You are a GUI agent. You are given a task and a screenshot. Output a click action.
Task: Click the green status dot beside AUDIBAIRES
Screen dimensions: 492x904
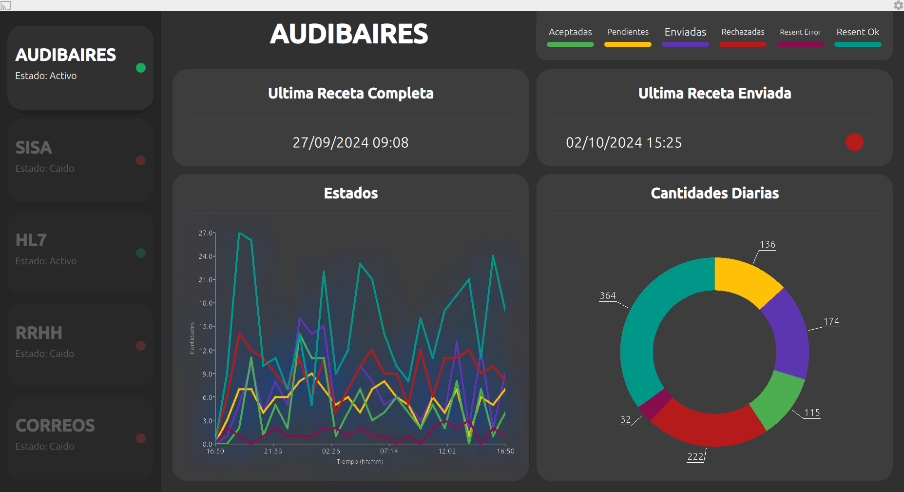(x=141, y=68)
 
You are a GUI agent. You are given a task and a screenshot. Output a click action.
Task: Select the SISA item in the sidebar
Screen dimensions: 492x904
(x=34, y=148)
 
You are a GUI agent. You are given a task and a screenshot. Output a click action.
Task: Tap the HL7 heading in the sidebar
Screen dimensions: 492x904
(x=31, y=240)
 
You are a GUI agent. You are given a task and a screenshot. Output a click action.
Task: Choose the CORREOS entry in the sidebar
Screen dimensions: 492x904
(x=55, y=426)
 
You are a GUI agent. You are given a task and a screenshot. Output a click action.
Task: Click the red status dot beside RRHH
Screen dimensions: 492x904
(x=141, y=346)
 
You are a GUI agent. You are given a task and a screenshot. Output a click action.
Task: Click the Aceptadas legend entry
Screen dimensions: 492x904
(x=570, y=32)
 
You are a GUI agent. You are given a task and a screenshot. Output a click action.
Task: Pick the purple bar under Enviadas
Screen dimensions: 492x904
(x=685, y=44)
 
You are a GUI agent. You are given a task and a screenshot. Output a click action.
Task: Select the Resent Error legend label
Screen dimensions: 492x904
(x=800, y=32)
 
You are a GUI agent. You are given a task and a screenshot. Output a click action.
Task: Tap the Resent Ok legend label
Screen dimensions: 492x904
(x=858, y=32)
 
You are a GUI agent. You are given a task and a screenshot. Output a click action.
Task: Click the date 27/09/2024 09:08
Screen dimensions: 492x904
(x=350, y=142)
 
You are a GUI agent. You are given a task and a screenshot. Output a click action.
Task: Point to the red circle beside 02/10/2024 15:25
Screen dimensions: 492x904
(x=854, y=142)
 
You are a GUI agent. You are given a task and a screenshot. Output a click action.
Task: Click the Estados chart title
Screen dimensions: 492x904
(x=351, y=193)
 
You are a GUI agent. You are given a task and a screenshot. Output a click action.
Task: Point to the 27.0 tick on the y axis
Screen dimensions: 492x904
(x=206, y=233)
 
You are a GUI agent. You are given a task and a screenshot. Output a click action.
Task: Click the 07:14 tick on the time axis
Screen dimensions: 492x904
(x=389, y=451)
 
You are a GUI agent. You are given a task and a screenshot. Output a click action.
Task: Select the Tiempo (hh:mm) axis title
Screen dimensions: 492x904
(x=360, y=461)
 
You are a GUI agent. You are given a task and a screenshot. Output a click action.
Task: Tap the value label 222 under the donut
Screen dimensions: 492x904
(x=695, y=456)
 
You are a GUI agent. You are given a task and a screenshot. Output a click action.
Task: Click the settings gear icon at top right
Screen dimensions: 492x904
(x=898, y=5)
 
